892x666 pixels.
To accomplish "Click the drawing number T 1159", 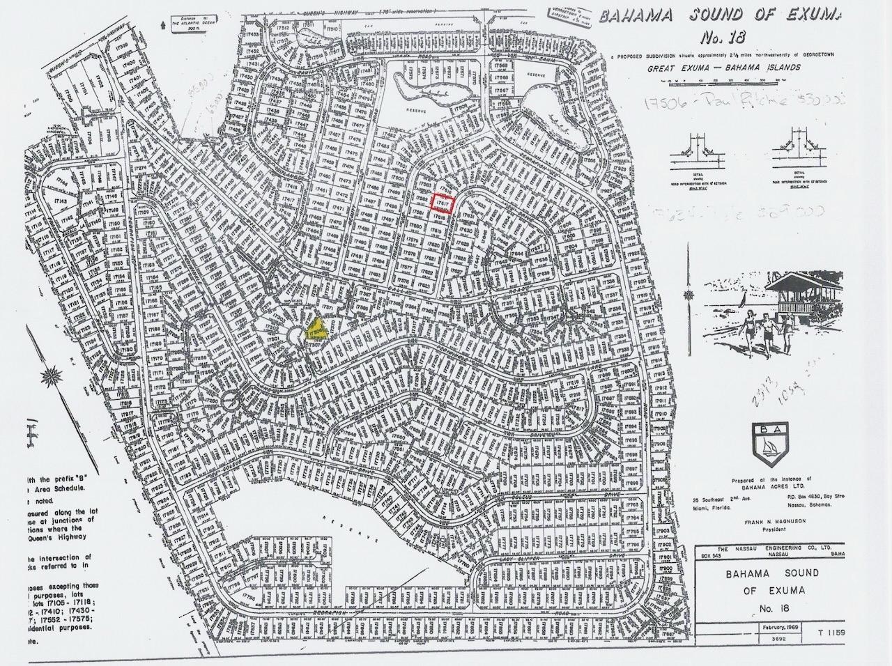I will coord(822,646).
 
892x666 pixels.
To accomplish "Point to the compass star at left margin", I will coord(50,379).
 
